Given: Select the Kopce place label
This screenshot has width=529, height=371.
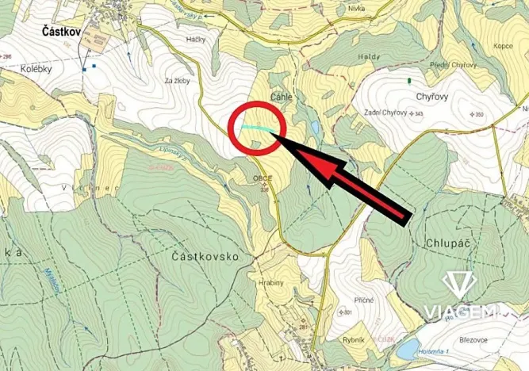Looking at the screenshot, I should click(504, 47).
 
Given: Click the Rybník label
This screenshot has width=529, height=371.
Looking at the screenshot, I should click(355, 339).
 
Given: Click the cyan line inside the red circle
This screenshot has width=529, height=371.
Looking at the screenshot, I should click(261, 128).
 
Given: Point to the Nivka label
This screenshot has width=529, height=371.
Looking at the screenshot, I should click(357, 9).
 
